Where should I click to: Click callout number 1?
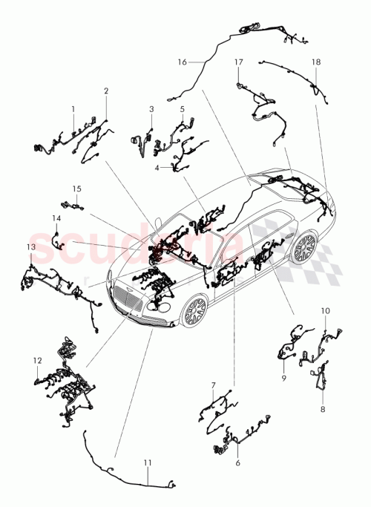[73, 108]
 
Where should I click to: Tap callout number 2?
[106, 91]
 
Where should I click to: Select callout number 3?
[151, 109]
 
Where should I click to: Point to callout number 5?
[182, 109]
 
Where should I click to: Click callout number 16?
[181, 63]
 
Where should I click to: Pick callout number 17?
[238, 63]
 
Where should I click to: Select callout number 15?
[75, 189]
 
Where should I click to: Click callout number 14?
[56, 218]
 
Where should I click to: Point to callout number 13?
[30, 246]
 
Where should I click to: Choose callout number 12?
[36, 361]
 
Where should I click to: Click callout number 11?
[147, 462]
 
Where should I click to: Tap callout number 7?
[213, 385]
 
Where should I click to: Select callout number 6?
[237, 462]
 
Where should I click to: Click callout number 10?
[325, 310]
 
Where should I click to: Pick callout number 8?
[323, 408]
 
